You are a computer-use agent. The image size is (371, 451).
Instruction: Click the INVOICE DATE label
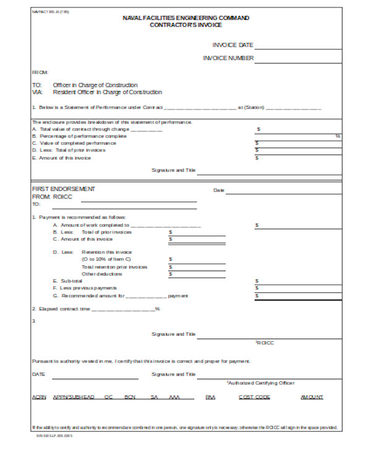coord(232,45)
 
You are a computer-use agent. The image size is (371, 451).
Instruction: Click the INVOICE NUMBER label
coord(228,59)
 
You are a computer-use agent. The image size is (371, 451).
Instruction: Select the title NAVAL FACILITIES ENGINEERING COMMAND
coord(186,18)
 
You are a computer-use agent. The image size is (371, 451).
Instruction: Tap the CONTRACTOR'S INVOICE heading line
coord(186,25)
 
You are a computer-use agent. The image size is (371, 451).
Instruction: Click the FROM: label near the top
coord(40,72)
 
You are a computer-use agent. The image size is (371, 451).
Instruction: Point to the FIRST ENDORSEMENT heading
coord(64,189)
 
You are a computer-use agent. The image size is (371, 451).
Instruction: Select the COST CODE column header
coord(254,397)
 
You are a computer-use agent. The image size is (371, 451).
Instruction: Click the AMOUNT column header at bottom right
coord(312,397)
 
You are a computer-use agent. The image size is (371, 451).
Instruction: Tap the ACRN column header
coord(39,397)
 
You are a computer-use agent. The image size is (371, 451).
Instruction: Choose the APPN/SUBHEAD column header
coord(74,397)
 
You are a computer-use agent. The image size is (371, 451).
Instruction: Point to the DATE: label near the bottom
coord(38,374)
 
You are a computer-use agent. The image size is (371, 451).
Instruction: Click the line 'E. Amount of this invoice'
coord(61,158)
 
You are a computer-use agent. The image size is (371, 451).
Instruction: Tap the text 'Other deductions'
coord(102,274)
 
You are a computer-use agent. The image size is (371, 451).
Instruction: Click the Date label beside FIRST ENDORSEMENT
coord(219,190)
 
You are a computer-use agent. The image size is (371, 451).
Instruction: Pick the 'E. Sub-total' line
coord(67,281)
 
